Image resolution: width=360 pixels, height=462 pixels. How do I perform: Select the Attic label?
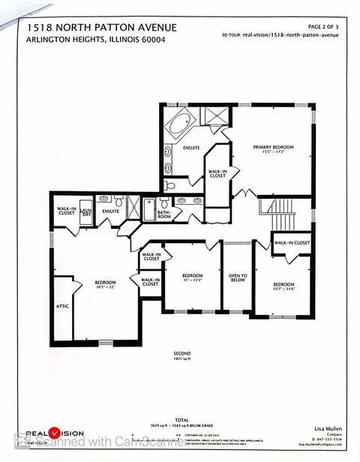point(62,306)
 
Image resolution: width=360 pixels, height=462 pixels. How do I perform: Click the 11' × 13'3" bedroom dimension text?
point(193,280)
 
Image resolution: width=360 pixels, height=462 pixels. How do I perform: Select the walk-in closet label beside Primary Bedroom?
point(217,173)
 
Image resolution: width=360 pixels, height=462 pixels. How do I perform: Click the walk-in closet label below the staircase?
point(292,243)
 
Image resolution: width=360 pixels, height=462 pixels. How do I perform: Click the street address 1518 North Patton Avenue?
point(102,28)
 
